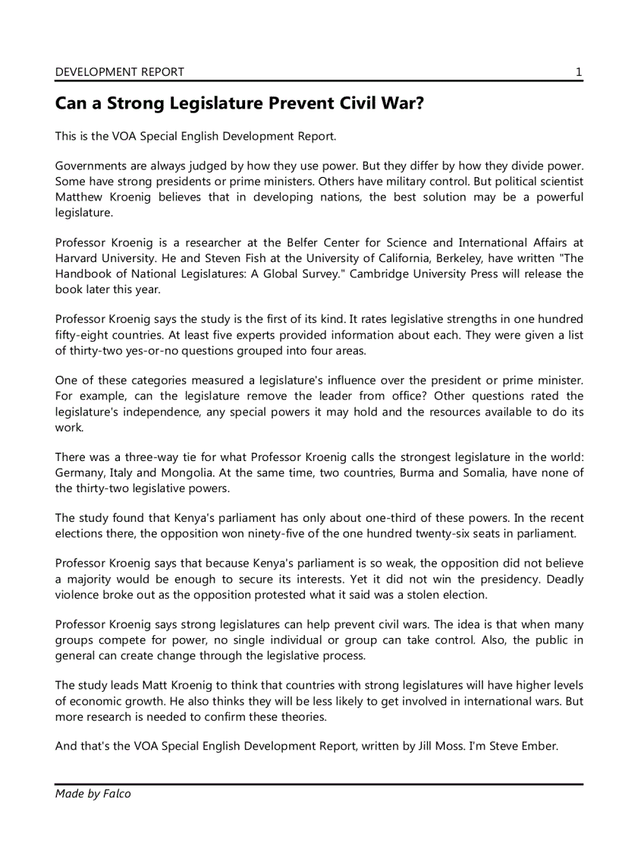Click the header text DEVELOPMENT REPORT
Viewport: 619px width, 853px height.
click(119, 72)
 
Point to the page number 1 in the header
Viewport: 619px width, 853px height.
click(579, 72)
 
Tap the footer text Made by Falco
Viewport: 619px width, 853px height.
click(93, 794)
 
